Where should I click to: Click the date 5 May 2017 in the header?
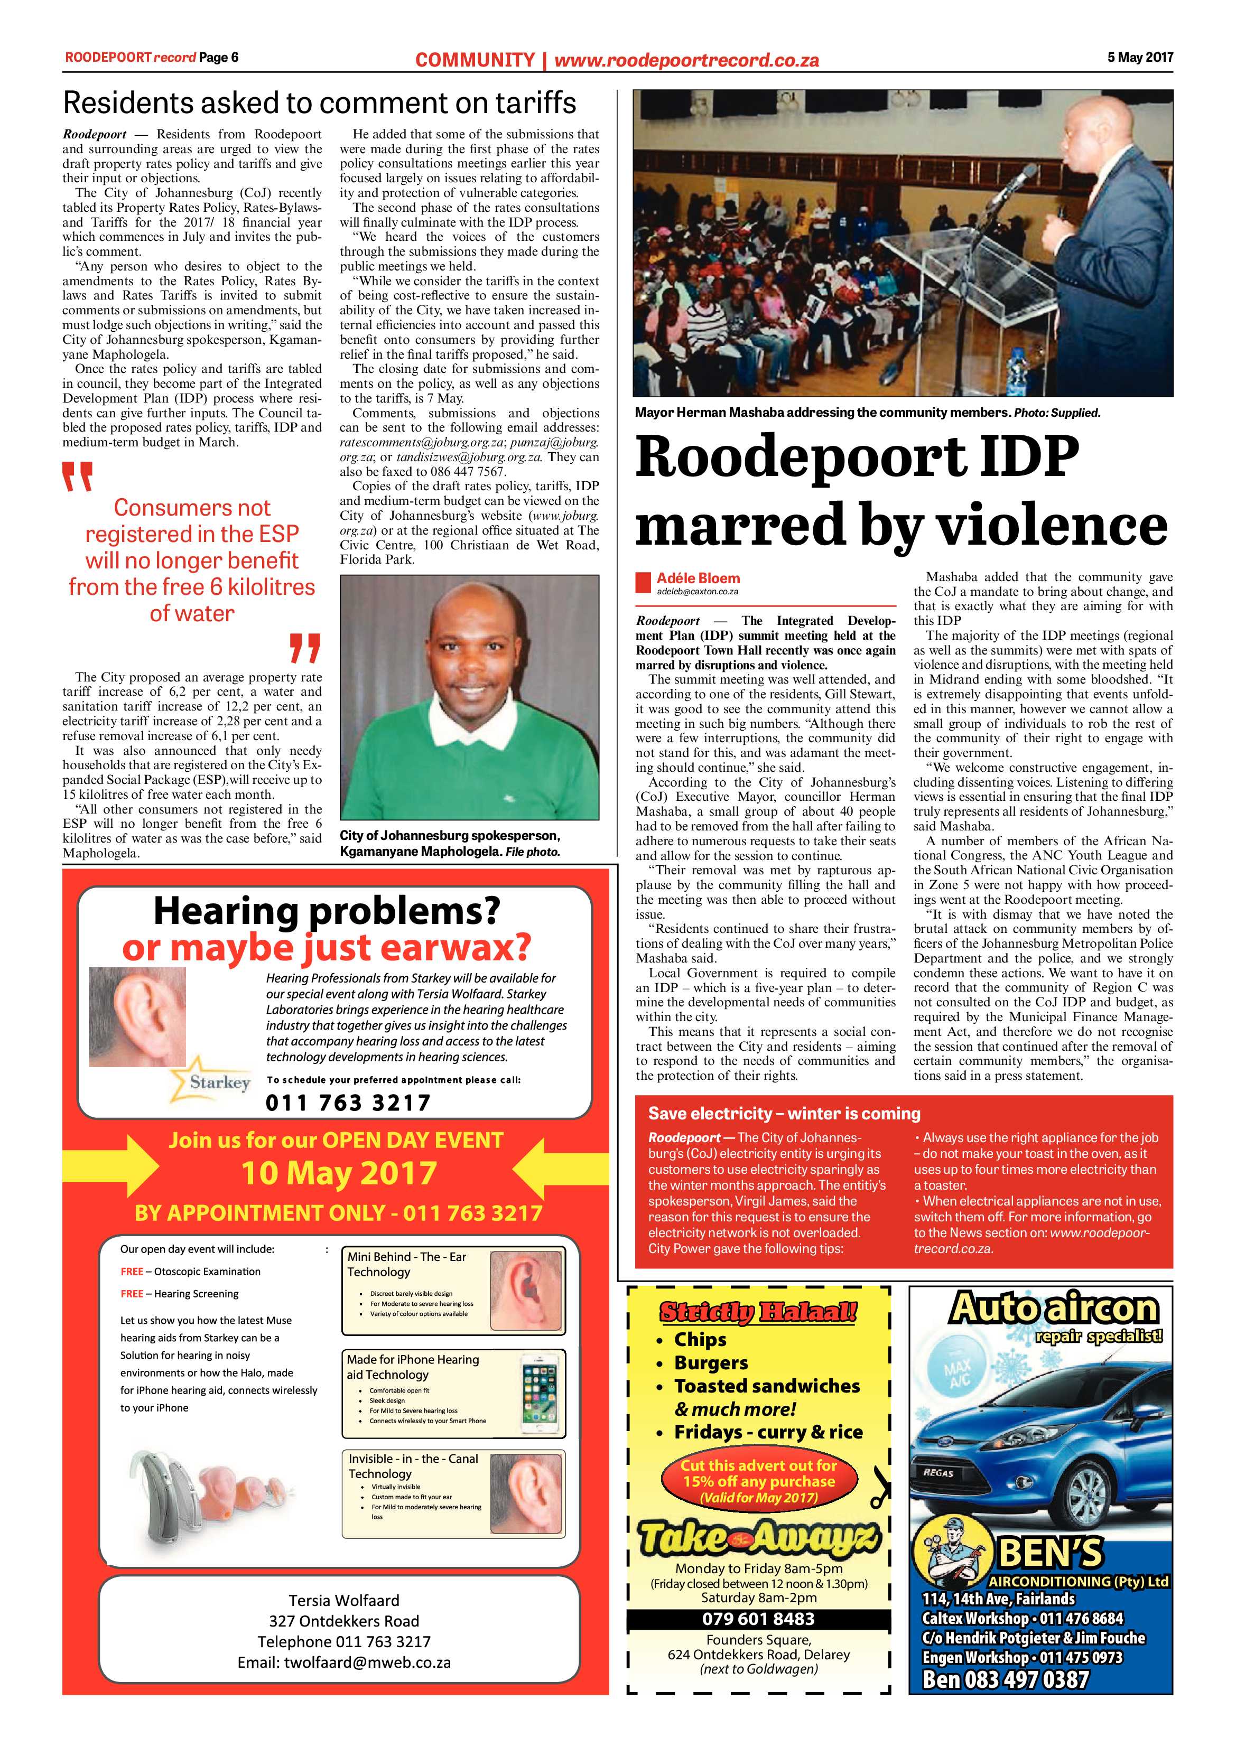click(1139, 57)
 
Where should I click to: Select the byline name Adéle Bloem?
click(698, 578)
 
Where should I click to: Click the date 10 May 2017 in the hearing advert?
click(339, 1173)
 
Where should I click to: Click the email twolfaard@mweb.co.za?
click(344, 1662)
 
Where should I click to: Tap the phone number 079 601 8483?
click(758, 1619)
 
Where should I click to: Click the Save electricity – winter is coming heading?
click(784, 1113)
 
